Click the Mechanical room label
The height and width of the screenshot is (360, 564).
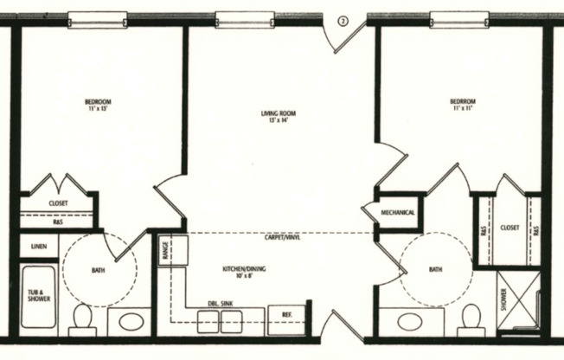tap(398, 212)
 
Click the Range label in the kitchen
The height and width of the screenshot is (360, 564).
tap(163, 251)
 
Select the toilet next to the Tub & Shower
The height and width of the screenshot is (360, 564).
tap(82, 318)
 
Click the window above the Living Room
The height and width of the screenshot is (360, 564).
tap(240, 18)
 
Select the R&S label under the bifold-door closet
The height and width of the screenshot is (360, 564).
tap(57, 222)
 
